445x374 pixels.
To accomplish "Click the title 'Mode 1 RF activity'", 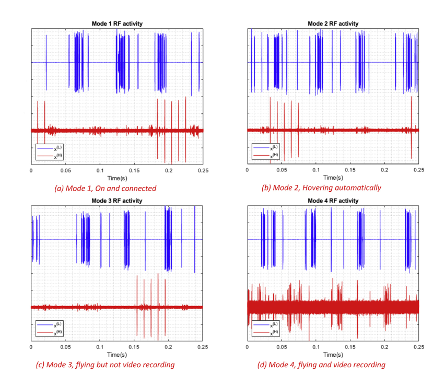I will pos(117,24).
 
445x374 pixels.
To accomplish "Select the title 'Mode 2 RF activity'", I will pos(333,24).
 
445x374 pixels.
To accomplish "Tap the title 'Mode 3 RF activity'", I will pos(117,201).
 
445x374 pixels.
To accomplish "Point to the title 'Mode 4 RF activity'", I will pos(333,201).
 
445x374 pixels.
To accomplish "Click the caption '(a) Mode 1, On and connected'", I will pos(105,188).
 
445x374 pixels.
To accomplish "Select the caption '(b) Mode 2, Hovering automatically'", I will pos(321,188).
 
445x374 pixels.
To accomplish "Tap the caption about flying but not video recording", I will pos(105,365).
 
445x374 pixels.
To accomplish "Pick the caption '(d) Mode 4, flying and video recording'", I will pos(321,365).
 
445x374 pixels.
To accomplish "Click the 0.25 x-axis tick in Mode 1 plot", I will pos(202,170).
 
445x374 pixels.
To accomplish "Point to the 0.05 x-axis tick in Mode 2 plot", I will pos(282,170).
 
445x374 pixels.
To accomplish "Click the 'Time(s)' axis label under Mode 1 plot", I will pos(117,178).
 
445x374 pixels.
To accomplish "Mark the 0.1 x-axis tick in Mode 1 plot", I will pos(100,170).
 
